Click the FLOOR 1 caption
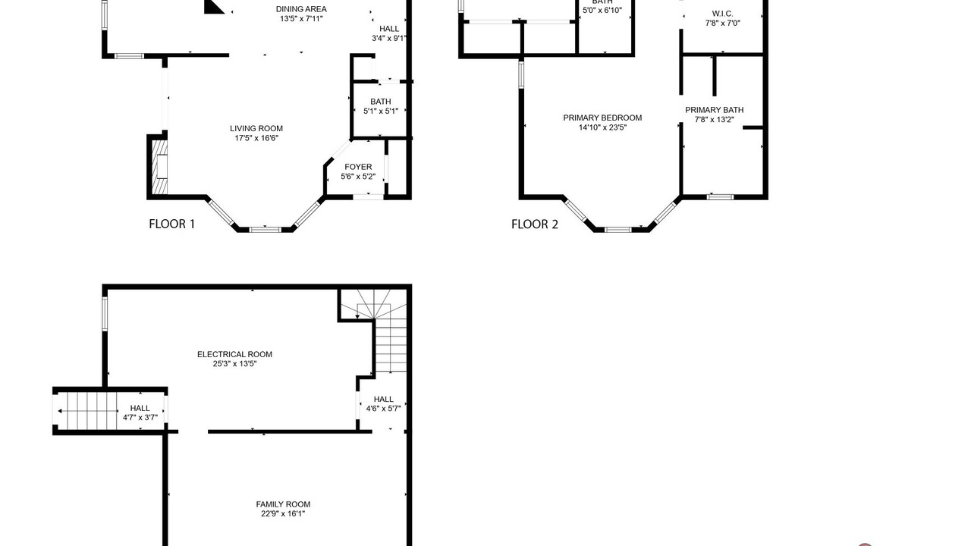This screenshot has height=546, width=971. click(x=171, y=224)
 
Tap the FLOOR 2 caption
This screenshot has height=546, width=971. click(x=535, y=224)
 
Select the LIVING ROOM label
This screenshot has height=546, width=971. click(x=256, y=128)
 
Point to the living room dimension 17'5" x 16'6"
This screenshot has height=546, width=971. click(x=256, y=138)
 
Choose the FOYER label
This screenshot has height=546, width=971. click(x=358, y=167)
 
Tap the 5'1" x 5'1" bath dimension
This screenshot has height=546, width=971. click(x=381, y=111)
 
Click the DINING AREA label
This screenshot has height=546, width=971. click(x=301, y=9)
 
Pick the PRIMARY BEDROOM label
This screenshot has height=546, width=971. click(x=602, y=118)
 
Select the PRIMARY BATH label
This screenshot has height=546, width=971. click(x=715, y=110)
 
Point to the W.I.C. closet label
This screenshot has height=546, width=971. click(x=723, y=14)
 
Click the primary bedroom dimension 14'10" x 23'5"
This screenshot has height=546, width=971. click(x=602, y=127)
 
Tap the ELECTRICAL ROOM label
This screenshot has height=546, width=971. click(x=234, y=354)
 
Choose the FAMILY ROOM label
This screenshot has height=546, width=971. click(x=283, y=504)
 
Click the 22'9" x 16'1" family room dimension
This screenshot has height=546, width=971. click(x=283, y=514)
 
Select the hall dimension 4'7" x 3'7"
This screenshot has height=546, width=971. click(x=140, y=418)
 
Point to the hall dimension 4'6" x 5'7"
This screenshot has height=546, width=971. click(x=384, y=409)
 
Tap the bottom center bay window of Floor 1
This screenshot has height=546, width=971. click(x=266, y=230)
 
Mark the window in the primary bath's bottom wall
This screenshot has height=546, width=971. click(x=720, y=197)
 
